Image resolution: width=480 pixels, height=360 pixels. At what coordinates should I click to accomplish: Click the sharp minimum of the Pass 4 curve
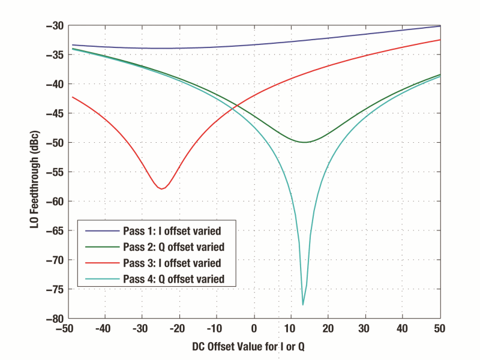click(303, 305)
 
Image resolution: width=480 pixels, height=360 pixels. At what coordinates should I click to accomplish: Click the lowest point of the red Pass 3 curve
click(161, 189)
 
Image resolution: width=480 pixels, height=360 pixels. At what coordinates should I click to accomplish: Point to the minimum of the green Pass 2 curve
click(305, 142)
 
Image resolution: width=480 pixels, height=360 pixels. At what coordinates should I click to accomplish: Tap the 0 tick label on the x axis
click(254, 329)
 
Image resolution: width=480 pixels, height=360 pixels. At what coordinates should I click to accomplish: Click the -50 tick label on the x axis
click(67, 329)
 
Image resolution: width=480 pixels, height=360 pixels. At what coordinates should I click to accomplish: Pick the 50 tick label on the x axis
click(440, 329)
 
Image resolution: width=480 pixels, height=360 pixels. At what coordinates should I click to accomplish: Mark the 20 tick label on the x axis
click(329, 329)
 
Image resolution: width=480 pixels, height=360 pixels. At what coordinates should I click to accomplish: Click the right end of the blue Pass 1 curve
click(440, 26)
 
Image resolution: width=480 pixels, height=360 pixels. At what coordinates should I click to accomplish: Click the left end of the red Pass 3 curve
click(71, 97)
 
